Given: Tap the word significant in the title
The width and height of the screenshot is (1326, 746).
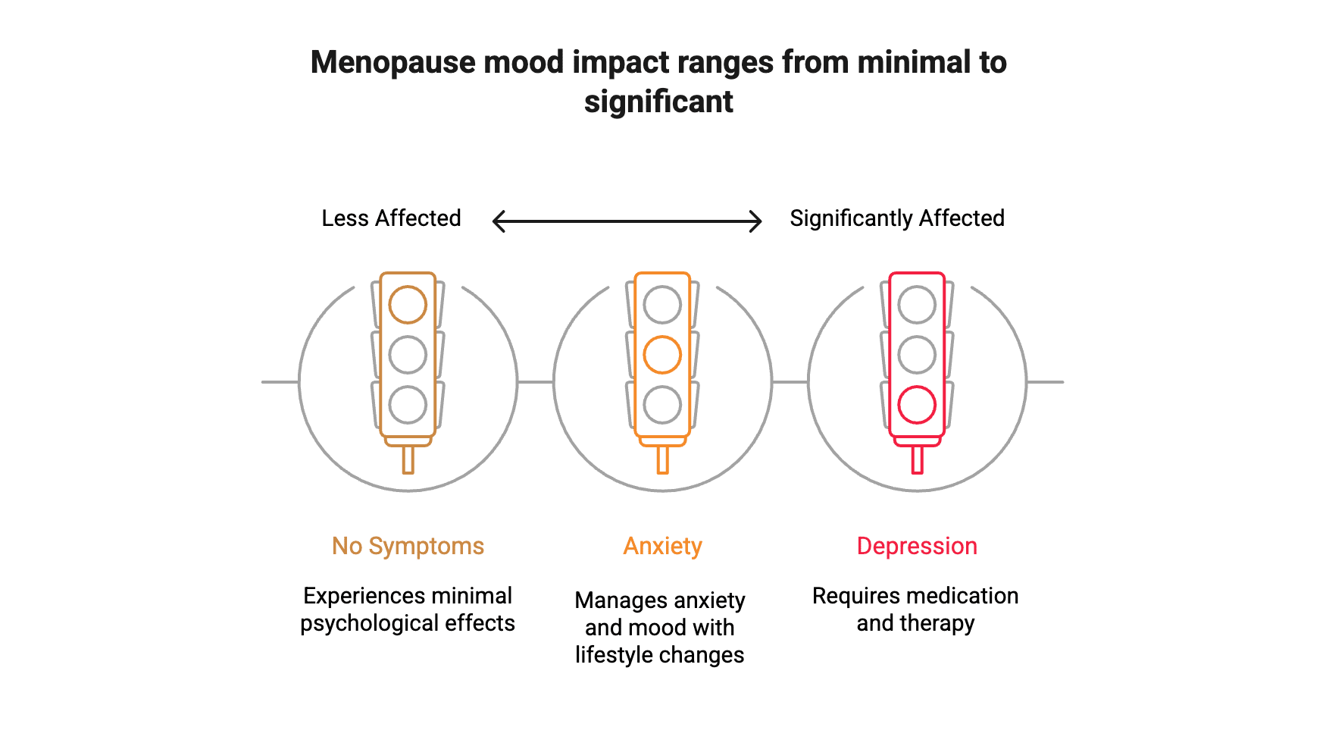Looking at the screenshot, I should tap(658, 102).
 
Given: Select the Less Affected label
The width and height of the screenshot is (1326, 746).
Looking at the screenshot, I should tap(391, 218).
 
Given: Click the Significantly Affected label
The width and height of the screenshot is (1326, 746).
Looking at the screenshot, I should tap(896, 218).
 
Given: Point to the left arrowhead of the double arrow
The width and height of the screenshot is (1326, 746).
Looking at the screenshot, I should tap(497, 222).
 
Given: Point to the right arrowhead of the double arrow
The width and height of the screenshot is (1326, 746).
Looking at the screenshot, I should tap(757, 222).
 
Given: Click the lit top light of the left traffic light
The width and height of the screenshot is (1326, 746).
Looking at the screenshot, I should tap(408, 305).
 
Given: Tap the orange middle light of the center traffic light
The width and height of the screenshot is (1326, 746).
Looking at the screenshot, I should tap(662, 355).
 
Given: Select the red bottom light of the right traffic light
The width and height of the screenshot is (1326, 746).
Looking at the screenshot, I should tap(917, 405).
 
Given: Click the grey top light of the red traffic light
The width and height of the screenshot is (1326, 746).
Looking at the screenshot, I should tap(917, 305).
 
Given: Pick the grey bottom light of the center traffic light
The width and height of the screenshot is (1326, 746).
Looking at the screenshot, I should tap(662, 405).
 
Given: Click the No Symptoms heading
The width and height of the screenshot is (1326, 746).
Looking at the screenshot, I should tap(408, 546).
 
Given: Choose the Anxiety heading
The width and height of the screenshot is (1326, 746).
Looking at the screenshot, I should tap(662, 546).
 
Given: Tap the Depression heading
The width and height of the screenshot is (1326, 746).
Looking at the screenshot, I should tap(917, 546).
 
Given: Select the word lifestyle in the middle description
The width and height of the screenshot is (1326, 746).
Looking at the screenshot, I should tap(611, 655).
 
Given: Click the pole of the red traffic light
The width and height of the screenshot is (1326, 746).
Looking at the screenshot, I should tap(917, 459).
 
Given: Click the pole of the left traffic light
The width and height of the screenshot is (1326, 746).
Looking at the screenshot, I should tap(408, 459).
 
